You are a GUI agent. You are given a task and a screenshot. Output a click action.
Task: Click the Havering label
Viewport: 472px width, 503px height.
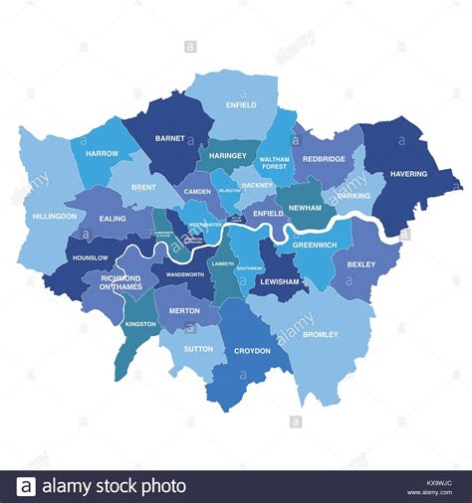pyautogui.click(x=408, y=174)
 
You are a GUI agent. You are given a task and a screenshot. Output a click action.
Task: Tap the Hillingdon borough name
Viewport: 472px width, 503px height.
pyautogui.click(x=54, y=216)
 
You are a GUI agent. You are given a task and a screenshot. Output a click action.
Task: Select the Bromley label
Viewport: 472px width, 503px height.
pyautogui.click(x=321, y=335)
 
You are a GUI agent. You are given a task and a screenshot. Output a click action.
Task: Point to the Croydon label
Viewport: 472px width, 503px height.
pyautogui.click(x=252, y=351)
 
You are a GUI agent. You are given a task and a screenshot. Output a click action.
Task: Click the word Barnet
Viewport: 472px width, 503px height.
pyautogui.click(x=169, y=139)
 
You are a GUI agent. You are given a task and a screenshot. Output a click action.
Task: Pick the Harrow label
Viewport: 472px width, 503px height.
pyautogui.click(x=102, y=154)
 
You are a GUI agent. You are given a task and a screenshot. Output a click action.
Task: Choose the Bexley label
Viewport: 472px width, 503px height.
pyautogui.click(x=360, y=264)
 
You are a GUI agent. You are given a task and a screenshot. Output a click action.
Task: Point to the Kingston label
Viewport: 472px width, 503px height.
pyautogui.click(x=140, y=324)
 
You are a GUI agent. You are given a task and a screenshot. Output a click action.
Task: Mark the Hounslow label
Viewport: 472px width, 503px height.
pyautogui.click(x=91, y=257)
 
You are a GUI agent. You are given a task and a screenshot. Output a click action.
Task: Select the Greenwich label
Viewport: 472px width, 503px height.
pyautogui.click(x=315, y=245)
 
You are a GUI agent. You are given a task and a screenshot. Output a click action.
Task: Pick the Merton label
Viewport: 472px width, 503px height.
pyautogui.click(x=184, y=311)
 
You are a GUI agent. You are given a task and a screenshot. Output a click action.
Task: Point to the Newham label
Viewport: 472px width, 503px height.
pyautogui.click(x=305, y=208)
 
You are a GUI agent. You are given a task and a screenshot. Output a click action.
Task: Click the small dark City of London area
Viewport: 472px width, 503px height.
pyautogui.click(x=236, y=219)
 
